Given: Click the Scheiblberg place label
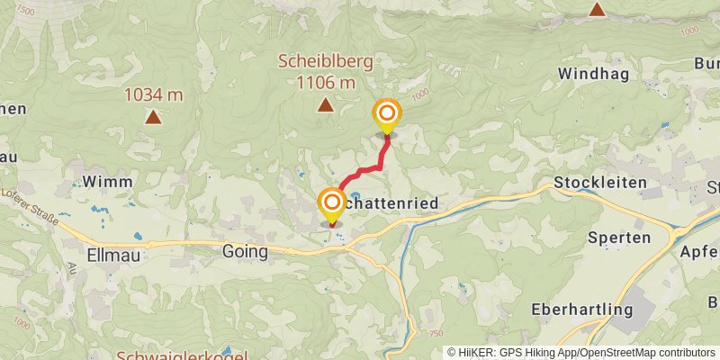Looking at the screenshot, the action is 325,61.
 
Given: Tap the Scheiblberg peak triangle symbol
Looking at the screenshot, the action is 325,105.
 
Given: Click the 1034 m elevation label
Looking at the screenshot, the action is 154,94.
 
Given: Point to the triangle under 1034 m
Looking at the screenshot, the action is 154,116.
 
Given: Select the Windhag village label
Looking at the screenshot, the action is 591,72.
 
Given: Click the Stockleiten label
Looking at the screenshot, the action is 601,182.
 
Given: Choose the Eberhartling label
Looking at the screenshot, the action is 582,309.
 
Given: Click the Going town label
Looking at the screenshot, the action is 245,252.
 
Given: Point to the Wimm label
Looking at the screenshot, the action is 107,182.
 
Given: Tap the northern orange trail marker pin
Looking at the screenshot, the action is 387,115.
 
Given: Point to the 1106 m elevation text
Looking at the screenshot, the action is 325,82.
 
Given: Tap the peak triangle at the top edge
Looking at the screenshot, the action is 596,9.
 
